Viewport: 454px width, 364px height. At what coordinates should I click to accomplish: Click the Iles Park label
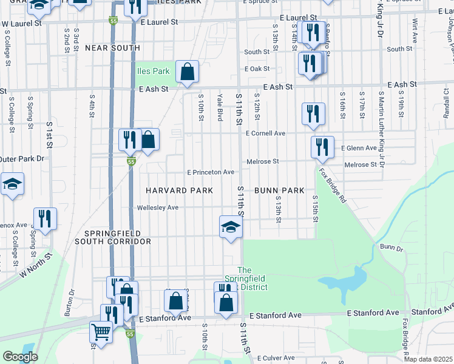click(x=153, y=71)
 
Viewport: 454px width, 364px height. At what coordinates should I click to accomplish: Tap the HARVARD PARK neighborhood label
click(x=179, y=190)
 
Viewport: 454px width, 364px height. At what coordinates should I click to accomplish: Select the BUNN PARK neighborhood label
click(x=279, y=190)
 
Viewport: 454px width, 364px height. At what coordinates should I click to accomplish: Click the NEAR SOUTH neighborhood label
click(x=112, y=47)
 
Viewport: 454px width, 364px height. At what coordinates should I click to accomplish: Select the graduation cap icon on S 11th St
click(x=231, y=227)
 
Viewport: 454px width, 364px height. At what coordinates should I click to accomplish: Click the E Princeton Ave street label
click(x=210, y=172)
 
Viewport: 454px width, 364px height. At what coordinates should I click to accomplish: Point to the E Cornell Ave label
click(x=265, y=133)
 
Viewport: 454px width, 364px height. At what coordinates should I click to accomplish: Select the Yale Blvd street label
click(x=220, y=107)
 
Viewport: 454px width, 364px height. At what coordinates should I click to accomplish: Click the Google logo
click(x=20, y=357)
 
